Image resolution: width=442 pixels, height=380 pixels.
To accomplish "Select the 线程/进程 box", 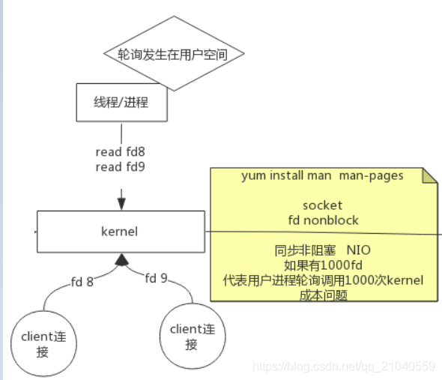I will point(120,102).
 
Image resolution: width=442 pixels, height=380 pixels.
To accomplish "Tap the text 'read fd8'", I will point(120,152).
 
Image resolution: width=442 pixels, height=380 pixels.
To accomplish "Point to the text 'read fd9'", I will point(120,166).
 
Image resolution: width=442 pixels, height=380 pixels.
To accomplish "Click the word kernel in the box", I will point(120,232).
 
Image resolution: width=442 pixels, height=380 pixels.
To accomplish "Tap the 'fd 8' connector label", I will point(82,282).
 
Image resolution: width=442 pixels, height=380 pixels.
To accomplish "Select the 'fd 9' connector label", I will point(156,278).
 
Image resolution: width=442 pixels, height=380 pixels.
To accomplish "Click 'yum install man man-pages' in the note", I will point(322,175).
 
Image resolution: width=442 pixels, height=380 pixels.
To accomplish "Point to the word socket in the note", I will point(322,205).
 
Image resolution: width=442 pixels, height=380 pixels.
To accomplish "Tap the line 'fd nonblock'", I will point(323,220).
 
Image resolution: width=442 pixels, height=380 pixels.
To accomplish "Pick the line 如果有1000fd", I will point(323,265).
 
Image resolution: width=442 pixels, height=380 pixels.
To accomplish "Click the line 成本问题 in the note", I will point(323,295).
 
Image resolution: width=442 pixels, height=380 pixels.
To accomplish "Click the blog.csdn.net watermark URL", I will point(344,366).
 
